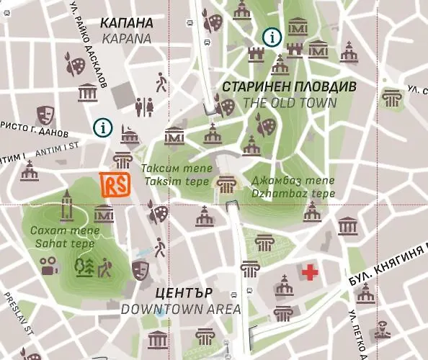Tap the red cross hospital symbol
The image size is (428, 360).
[x=311, y=272]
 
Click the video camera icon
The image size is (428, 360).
[x=48, y=269]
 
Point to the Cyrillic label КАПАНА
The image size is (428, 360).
[x=127, y=22]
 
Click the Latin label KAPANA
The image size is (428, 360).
[x=127, y=38]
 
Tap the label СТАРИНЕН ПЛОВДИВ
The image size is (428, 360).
[x=289, y=86]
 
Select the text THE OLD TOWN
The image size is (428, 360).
[x=290, y=103]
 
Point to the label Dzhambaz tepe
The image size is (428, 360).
[x=293, y=194]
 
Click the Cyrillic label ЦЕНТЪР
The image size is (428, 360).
[x=184, y=293]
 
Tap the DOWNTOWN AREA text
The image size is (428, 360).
[x=180, y=310]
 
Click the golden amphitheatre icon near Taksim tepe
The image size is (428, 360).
[x=228, y=184]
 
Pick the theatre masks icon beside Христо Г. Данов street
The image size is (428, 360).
[x=45, y=113]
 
